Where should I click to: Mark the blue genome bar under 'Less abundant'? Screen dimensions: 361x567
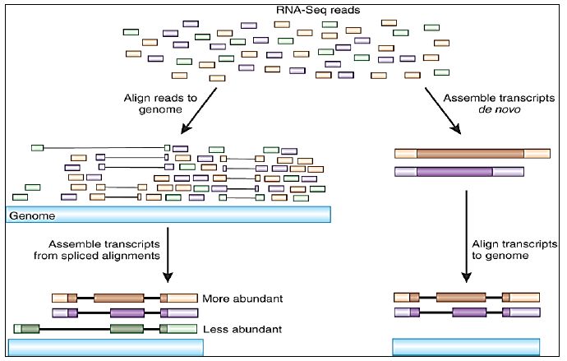(105, 346)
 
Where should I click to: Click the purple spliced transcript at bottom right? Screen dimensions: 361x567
(467, 312)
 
